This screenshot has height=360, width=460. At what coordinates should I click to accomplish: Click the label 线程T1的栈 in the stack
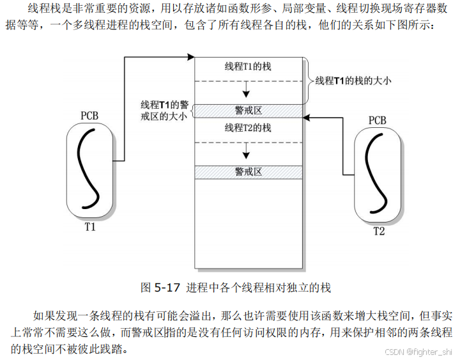[248, 67]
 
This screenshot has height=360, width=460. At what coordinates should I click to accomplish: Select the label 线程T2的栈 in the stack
[248, 128]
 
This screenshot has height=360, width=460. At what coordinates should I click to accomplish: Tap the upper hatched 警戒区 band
[248, 111]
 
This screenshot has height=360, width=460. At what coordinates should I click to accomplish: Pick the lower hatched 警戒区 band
[248, 172]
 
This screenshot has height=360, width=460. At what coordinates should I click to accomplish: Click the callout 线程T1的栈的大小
[352, 81]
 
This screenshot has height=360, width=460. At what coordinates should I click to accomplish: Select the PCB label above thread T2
[378, 120]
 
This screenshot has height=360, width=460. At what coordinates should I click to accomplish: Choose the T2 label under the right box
[379, 231]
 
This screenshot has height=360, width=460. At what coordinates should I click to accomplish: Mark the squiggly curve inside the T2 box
[378, 173]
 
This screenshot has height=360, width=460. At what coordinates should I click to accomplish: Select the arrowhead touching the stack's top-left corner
[190, 58]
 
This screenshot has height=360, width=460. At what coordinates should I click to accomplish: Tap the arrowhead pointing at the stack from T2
[306, 117]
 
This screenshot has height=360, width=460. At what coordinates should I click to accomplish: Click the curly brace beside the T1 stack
[307, 81]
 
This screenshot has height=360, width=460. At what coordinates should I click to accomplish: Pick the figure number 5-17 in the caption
[168, 288]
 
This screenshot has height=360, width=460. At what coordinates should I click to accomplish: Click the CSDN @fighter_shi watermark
[421, 352]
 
